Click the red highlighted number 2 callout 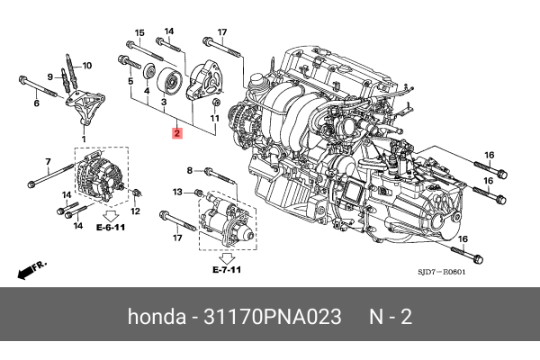click(x=177, y=134)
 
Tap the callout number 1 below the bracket click(x=84, y=139)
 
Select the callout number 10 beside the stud click(x=87, y=66)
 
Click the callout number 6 click(x=37, y=104)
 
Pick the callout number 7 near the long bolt click(x=46, y=161)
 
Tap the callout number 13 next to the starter click(x=176, y=192)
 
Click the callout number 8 click(x=190, y=169)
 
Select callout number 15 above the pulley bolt click(x=139, y=33)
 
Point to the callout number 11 click(x=216, y=118)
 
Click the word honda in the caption click(x=157, y=318)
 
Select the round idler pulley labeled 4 click(x=167, y=84)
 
